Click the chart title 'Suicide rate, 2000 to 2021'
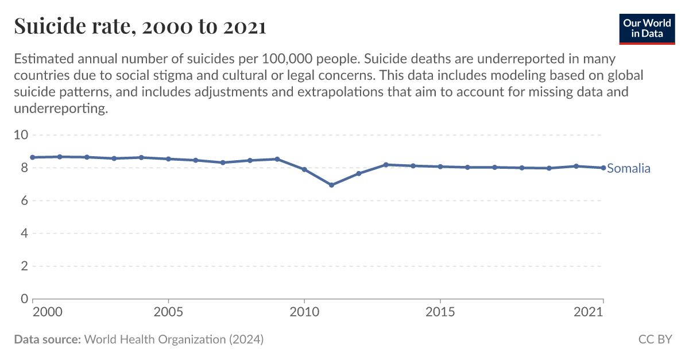pyautogui.click(x=140, y=26)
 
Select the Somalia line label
pyautogui.click(x=629, y=168)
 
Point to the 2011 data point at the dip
pyautogui.click(x=331, y=185)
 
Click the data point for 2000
pyautogui.click(x=33, y=157)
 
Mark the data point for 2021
pyautogui.click(x=603, y=168)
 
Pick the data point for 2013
pyautogui.click(x=386, y=165)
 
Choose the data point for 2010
pyautogui.click(x=304, y=169)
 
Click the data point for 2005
pyautogui.click(x=168, y=159)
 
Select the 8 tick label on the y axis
pyautogui.click(x=24, y=168)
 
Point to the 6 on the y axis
pyautogui.click(x=24, y=201)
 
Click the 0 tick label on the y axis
pyautogui.click(x=24, y=299)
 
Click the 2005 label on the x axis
pyautogui.click(x=168, y=312)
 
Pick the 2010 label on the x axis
pyautogui.click(x=304, y=312)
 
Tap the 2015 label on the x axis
pyautogui.click(x=440, y=312)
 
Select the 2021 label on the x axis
pyautogui.click(x=589, y=312)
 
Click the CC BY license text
pyautogui.click(x=655, y=339)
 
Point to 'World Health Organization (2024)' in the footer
pyautogui.click(x=174, y=339)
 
